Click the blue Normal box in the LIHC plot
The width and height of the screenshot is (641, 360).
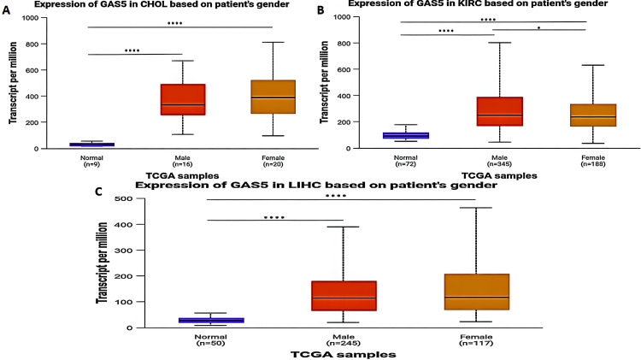211,320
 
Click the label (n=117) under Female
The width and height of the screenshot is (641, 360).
474,343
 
